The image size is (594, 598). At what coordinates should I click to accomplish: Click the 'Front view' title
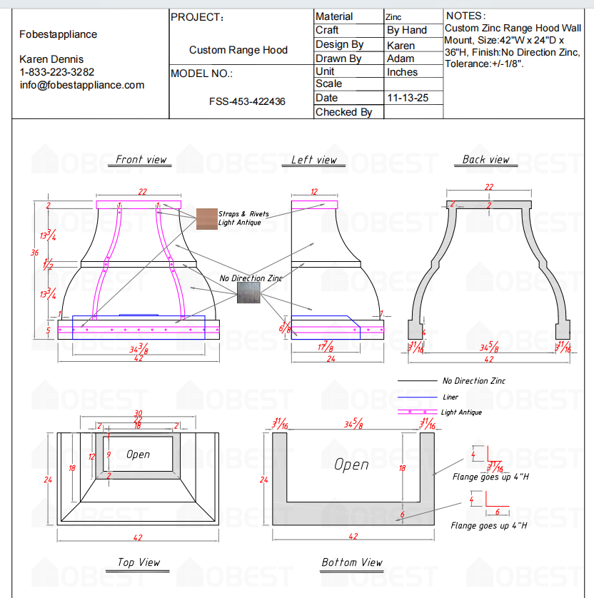141,160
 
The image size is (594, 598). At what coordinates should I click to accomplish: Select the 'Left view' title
313,160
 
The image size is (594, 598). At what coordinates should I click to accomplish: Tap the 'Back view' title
485,160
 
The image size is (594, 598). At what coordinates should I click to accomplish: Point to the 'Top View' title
139,562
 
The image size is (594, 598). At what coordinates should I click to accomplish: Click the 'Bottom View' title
352,562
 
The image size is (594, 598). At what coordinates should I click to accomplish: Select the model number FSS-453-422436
247,101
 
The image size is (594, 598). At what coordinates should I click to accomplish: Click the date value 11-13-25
407,98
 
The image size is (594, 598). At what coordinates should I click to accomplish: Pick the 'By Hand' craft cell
406,30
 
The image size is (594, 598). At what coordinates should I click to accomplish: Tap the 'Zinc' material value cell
393,16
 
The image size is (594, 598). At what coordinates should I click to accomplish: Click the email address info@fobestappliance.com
82,85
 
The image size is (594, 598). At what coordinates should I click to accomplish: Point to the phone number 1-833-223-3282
57,72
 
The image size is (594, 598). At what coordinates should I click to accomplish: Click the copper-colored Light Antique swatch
207,218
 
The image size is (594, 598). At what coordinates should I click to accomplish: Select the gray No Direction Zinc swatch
249,291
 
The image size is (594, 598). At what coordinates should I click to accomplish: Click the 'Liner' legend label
450,397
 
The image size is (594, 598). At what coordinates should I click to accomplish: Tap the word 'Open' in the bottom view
352,465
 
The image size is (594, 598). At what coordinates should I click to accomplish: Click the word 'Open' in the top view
138,454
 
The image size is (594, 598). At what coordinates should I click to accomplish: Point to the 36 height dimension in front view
34,253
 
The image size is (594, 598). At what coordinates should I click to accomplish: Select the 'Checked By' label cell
343,112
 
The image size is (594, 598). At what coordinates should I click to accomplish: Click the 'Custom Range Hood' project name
238,50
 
